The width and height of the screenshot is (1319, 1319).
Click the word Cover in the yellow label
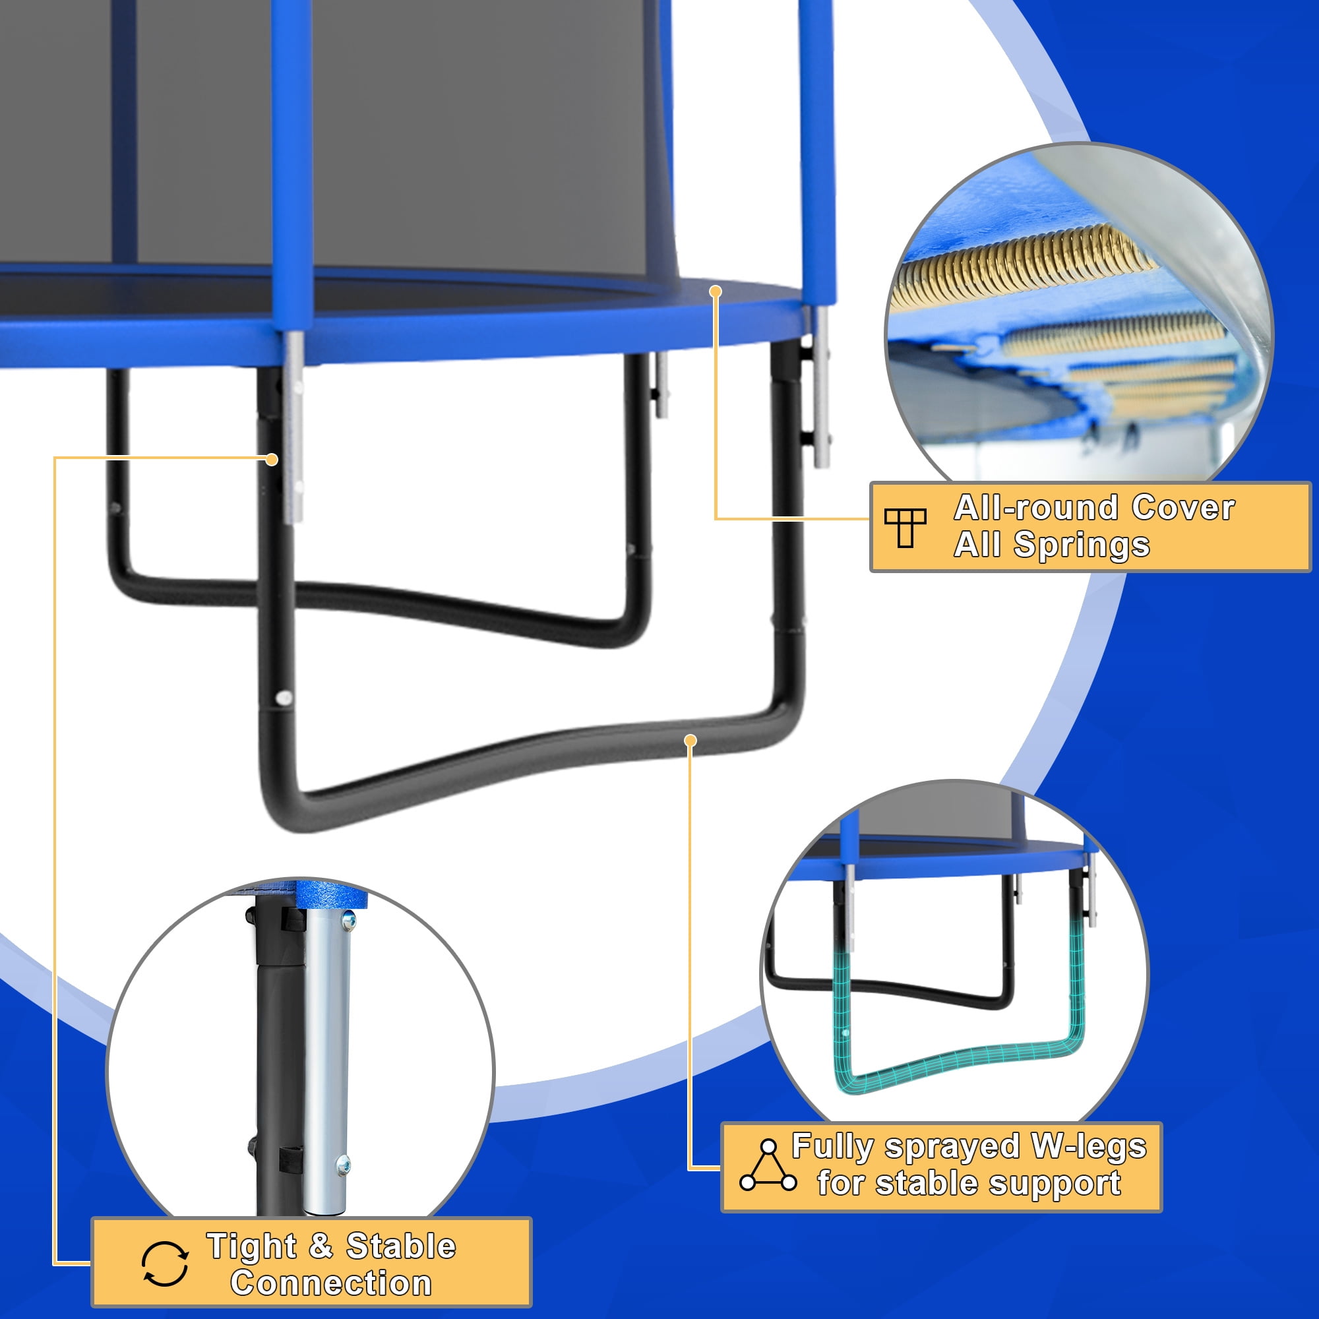1183,508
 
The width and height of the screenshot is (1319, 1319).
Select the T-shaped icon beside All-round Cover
905,528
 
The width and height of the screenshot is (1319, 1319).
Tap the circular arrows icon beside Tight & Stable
166,1264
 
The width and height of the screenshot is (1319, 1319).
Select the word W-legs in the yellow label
1089,1146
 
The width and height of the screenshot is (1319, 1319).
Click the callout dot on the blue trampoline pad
716,291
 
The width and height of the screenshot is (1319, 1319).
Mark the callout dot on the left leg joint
272,460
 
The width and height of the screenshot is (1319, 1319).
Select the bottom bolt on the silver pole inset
344,1163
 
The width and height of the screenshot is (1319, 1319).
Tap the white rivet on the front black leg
285,698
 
